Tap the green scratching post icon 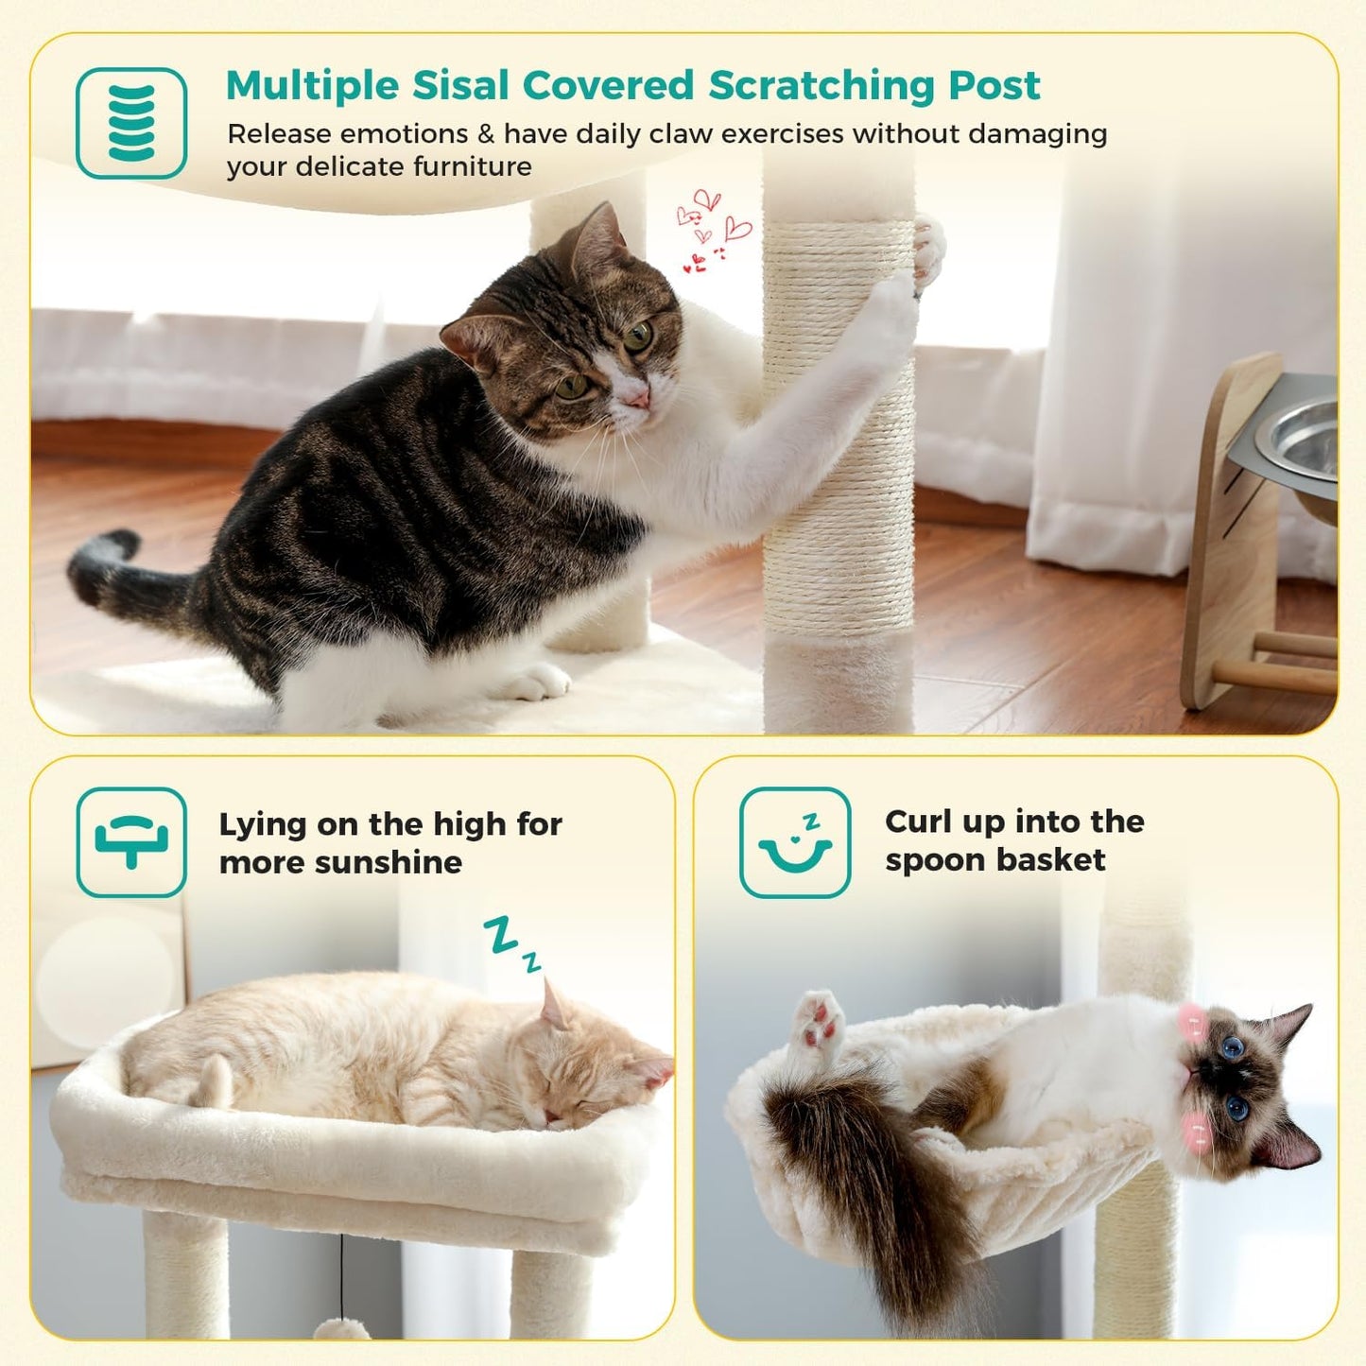[x=131, y=123]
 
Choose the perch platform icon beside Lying [x=131, y=841]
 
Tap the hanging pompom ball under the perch [x=341, y=1327]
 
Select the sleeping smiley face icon [x=795, y=842]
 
